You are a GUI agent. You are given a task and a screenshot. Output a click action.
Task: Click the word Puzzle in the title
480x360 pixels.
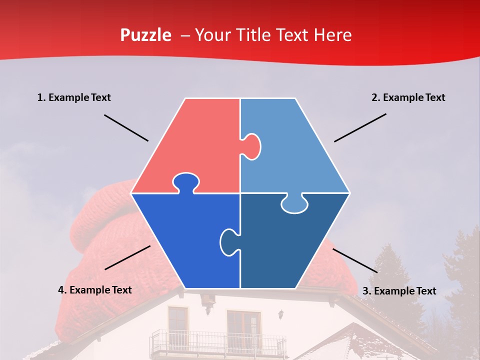pyautogui.click(x=145, y=35)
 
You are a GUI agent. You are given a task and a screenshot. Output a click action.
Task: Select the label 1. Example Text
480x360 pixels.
pyautogui.click(x=74, y=97)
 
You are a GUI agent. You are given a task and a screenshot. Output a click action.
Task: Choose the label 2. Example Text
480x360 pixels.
pyautogui.click(x=408, y=97)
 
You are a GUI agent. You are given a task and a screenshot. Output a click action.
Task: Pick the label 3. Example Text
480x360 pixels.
pyautogui.click(x=399, y=291)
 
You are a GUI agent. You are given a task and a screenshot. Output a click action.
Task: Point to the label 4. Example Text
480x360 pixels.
pyautogui.click(x=95, y=290)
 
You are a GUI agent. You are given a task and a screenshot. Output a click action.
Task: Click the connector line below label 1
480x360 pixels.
pyautogui.click(x=126, y=128)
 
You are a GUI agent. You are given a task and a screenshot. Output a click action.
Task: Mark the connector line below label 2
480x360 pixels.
pyautogui.click(x=360, y=127)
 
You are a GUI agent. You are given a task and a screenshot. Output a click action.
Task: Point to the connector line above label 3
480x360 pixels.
pyautogui.click(x=355, y=260)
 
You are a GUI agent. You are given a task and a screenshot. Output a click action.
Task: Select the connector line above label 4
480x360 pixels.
pyautogui.click(x=127, y=257)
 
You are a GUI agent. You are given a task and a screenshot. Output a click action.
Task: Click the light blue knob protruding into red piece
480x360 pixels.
pyautogui.click(x=252, y=146)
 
